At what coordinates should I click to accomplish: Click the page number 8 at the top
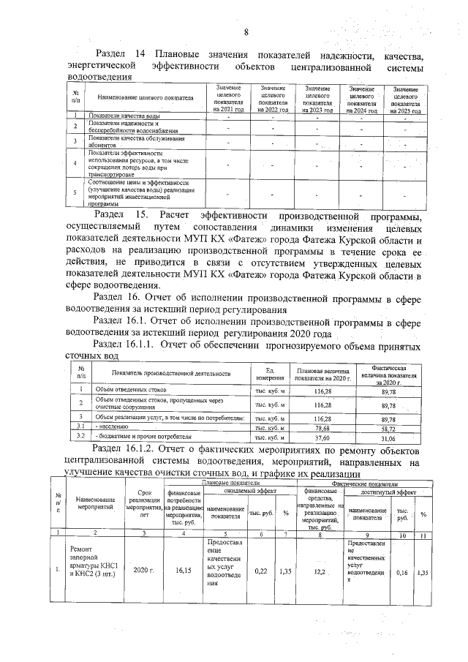point(246,31)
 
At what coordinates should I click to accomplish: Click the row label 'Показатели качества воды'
point(124,116)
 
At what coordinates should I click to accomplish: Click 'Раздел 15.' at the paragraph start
point(121,217)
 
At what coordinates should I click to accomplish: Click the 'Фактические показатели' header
point(364,484)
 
